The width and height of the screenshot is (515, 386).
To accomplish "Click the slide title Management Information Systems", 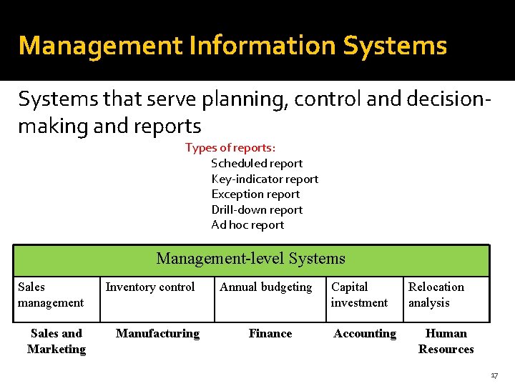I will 232,46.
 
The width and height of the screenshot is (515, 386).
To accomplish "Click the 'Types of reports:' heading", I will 230,148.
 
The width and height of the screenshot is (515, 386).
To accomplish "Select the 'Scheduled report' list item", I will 257,164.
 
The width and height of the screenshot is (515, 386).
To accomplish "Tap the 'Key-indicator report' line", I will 265,179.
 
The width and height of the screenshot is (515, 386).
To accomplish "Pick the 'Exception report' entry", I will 255,194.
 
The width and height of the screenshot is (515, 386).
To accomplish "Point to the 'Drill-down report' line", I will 257,210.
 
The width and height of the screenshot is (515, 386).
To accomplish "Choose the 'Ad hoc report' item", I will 247,225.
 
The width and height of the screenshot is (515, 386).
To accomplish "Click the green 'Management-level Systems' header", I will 250,259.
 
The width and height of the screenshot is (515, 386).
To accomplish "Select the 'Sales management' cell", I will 51,295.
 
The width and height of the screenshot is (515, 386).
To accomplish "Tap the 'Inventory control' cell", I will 150,287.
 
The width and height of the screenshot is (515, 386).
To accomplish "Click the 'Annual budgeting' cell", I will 266,287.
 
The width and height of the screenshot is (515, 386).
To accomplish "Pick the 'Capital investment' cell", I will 359,295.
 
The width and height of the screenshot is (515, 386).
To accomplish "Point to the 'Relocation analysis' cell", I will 436,295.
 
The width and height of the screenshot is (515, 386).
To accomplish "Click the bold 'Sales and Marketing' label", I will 57,341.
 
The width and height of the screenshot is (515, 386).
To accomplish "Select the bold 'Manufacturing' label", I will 157,334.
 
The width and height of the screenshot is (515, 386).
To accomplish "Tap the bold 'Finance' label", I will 270,334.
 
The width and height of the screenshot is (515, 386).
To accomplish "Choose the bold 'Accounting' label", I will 365,334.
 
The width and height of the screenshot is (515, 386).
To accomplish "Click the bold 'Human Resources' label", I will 446,341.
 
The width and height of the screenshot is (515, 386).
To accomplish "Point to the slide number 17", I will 494,376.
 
